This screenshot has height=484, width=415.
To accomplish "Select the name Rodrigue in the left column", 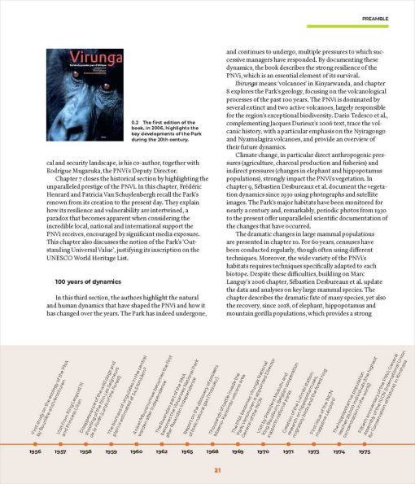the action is coord(51,172).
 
